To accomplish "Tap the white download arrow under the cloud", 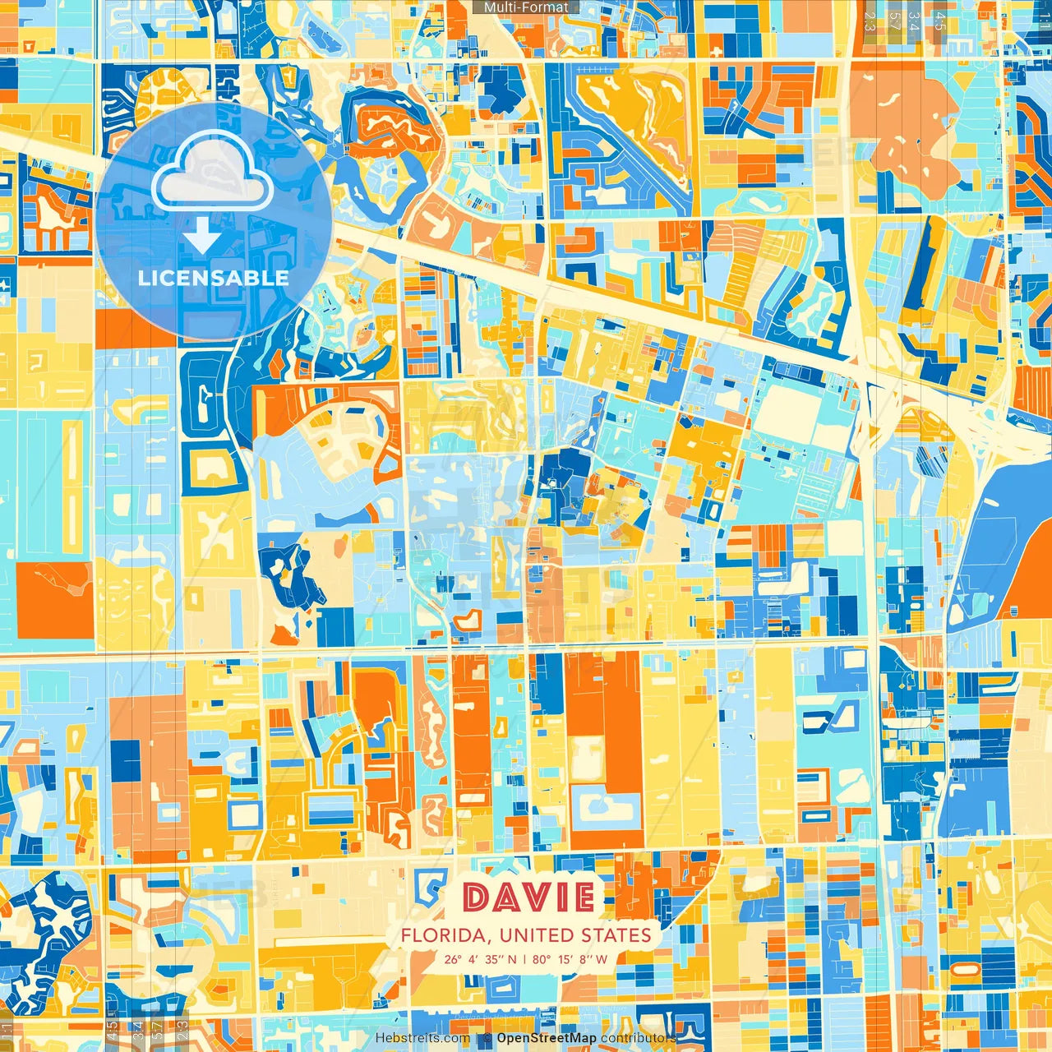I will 202,237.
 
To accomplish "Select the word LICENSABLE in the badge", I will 213,278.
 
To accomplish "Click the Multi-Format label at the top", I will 526,7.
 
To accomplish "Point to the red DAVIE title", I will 528,898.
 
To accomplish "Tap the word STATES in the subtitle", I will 616,935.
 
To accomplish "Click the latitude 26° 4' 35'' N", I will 481,959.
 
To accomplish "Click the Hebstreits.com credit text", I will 422,1038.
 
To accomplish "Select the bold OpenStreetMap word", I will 547,1038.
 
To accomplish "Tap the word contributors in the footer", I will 638,1038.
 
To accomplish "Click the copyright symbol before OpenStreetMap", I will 487,1039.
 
